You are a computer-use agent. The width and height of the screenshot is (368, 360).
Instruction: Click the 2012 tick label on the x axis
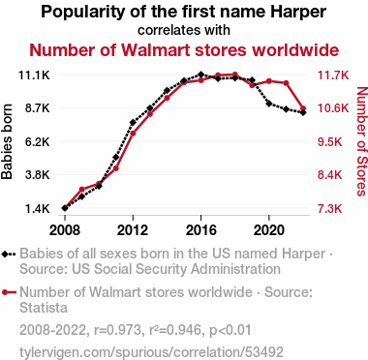point(133,230)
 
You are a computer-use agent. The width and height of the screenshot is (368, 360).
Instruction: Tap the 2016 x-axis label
point(200,230)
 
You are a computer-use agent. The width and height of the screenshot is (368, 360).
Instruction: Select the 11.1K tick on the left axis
point(34,75)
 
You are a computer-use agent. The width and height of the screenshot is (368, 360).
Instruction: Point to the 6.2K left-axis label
point(37,142)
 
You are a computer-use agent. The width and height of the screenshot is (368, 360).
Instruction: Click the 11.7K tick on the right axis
point(333,75)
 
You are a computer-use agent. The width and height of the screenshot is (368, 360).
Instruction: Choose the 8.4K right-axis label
point(330,175)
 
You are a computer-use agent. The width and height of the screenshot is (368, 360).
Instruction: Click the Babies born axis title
point(7,141)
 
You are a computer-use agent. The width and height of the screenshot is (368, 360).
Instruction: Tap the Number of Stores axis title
point(362,141)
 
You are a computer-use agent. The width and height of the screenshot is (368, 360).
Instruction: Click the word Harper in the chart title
point(298,12)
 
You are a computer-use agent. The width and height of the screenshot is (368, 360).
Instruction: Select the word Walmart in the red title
point(156,50)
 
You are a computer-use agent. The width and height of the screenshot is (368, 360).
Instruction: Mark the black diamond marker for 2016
point(200,75)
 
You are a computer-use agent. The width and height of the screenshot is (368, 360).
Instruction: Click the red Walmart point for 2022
point(303,108)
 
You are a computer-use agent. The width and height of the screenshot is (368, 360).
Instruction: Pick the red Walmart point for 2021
point(286,83)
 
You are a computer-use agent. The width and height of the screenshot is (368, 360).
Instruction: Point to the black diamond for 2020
point(269,104)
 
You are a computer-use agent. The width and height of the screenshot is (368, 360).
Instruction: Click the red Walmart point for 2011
point(116,168)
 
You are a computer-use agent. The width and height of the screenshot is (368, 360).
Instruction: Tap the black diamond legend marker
point(5,254)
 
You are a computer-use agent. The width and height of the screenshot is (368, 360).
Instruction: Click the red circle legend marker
point(5,292)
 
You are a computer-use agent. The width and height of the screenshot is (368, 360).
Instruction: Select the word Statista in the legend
point(44,308)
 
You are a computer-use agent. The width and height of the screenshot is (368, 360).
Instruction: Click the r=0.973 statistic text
point(117,330)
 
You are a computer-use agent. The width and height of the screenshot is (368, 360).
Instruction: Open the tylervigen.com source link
point(151,352)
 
